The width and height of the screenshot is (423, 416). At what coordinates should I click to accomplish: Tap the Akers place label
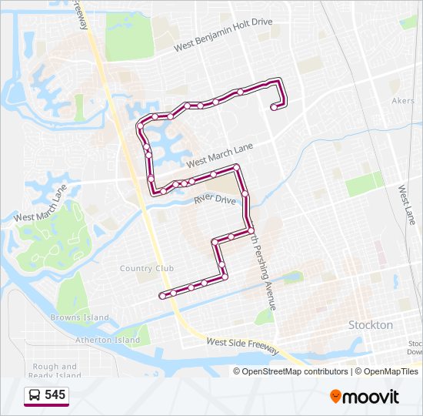[403, 101]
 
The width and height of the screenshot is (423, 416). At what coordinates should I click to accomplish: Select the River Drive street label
[215, 200]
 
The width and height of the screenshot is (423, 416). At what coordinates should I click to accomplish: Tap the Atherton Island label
[108, 340]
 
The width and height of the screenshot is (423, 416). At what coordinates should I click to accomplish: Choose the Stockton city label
[371, 325]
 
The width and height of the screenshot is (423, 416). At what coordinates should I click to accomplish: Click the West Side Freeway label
[242, 345]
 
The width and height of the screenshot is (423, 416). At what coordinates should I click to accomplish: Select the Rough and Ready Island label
[55, 371]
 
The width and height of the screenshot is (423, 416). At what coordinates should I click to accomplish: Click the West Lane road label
[407, 204]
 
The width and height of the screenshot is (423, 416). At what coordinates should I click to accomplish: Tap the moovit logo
[365, 397]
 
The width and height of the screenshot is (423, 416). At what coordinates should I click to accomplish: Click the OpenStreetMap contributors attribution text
[290, 371]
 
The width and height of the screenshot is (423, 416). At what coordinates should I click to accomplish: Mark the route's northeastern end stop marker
[274, 109]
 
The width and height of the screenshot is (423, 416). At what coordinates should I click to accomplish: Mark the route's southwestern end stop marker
[162, 295]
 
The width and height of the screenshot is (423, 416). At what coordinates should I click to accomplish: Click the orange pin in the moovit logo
[336, 397]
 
